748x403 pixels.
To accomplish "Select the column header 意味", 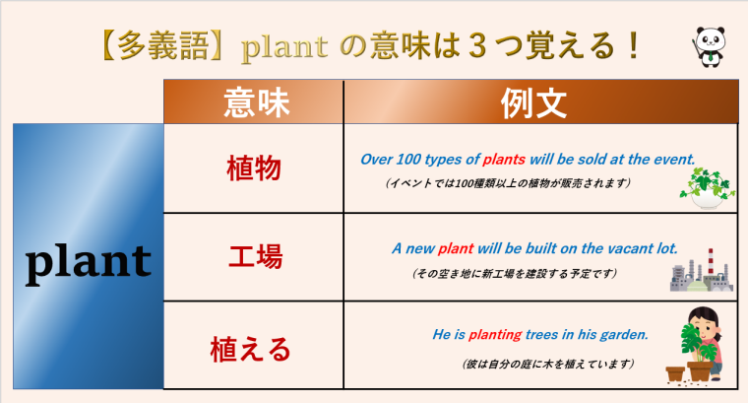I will (252, 102).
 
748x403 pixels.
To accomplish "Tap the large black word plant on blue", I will (89, 261).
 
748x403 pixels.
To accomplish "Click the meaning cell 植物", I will (253, 169).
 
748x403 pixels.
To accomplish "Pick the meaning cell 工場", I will (254, 257).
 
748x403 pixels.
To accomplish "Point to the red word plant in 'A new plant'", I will (456, 247).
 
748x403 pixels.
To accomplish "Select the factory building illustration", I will (702, 269).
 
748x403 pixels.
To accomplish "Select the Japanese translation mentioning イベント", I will (508, 183).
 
